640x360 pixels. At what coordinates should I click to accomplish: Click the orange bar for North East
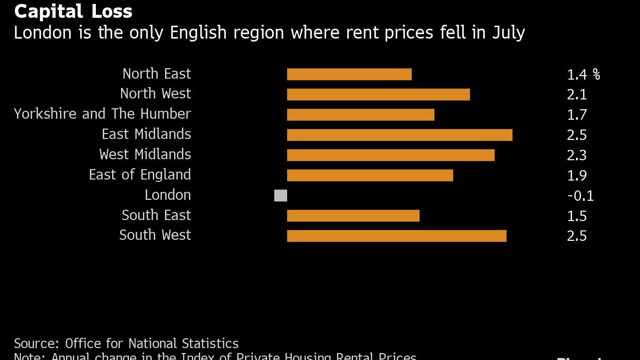349,74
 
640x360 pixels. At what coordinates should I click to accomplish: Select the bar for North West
378,94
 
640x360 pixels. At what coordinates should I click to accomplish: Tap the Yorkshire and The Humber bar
360,115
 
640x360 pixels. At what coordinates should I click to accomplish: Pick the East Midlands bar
399,135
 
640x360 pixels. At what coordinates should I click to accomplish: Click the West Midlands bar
390,155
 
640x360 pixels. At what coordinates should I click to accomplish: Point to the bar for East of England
370,176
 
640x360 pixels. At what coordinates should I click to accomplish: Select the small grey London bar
281,196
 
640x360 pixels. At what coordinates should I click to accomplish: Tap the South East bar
353,216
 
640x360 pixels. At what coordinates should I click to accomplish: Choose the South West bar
396,236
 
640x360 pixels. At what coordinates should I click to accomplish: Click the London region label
168,195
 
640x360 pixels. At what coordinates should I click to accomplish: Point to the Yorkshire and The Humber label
102,114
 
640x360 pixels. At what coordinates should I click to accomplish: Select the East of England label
140,175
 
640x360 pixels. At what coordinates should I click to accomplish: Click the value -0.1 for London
580,196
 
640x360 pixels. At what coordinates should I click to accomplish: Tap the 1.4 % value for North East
583,75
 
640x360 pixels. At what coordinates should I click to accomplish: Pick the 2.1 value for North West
577,94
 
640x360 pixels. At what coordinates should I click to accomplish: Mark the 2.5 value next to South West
577,236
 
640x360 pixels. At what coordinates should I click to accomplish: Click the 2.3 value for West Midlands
577,155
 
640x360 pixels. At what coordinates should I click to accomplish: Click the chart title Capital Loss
73,11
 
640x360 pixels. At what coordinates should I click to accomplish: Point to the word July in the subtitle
508,33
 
